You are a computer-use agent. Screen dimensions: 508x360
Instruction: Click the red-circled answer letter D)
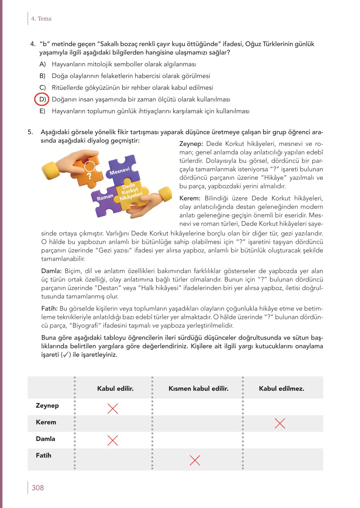(x=42, y=99)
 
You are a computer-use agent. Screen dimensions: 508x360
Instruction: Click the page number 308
(x=38, y=488)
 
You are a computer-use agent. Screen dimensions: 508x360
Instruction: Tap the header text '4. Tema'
(x=41, y=19)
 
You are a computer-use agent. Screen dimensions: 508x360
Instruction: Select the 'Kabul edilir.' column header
(x=115, y=388)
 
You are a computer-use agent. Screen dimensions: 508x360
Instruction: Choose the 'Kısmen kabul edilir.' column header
(x=198, y=388)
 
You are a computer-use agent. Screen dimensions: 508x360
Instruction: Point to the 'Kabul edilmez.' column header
(x=281, y=388)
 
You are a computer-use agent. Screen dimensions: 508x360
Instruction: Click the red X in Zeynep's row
(x=113, y=408)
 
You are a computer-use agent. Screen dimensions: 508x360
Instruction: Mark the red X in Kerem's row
(x=280, y=423)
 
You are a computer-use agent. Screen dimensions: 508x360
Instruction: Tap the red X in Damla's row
(x=113, y=440)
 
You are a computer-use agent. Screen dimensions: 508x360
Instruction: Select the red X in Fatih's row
(x=195, y=460)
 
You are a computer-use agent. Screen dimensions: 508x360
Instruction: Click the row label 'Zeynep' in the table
(x=47, y=406)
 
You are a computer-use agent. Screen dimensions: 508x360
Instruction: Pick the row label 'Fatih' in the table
(x=43, y=455)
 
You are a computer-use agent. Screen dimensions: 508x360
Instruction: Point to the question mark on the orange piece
(x=89, y=176)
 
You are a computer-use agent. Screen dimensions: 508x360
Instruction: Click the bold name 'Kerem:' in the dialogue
(x=190, y=198)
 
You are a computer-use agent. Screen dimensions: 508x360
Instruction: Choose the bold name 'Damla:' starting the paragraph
(x=51, y=271)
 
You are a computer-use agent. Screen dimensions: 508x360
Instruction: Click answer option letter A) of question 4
(x=42, y=64)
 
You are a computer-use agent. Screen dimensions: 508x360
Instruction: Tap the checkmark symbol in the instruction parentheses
(x=65, y=355)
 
